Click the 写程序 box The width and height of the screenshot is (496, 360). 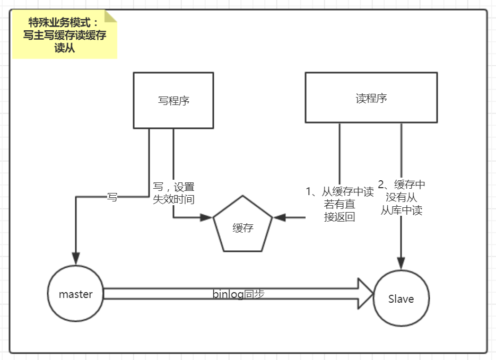(173, 100)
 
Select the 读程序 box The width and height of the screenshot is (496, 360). (371, 98)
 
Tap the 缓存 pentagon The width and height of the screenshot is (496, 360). (242, 226)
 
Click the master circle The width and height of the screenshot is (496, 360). (75, 294)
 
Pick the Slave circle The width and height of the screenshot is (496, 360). (401, 298)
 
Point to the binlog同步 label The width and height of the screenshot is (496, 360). (238, 294)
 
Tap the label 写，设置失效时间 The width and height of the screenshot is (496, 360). (173, 193)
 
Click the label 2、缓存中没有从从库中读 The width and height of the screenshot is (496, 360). (402, 197)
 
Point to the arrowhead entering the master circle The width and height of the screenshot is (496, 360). (76, 258)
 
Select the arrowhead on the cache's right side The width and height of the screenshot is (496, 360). (279, 217)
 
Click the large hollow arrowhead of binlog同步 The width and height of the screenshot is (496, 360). (366, 293)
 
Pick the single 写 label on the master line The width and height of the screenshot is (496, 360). (112, 197)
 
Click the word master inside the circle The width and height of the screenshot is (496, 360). (75, 294)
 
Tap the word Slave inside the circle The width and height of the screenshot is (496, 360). (401, 299)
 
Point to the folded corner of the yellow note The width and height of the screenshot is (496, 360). (110, 16)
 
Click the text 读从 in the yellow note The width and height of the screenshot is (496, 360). (64, 48)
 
